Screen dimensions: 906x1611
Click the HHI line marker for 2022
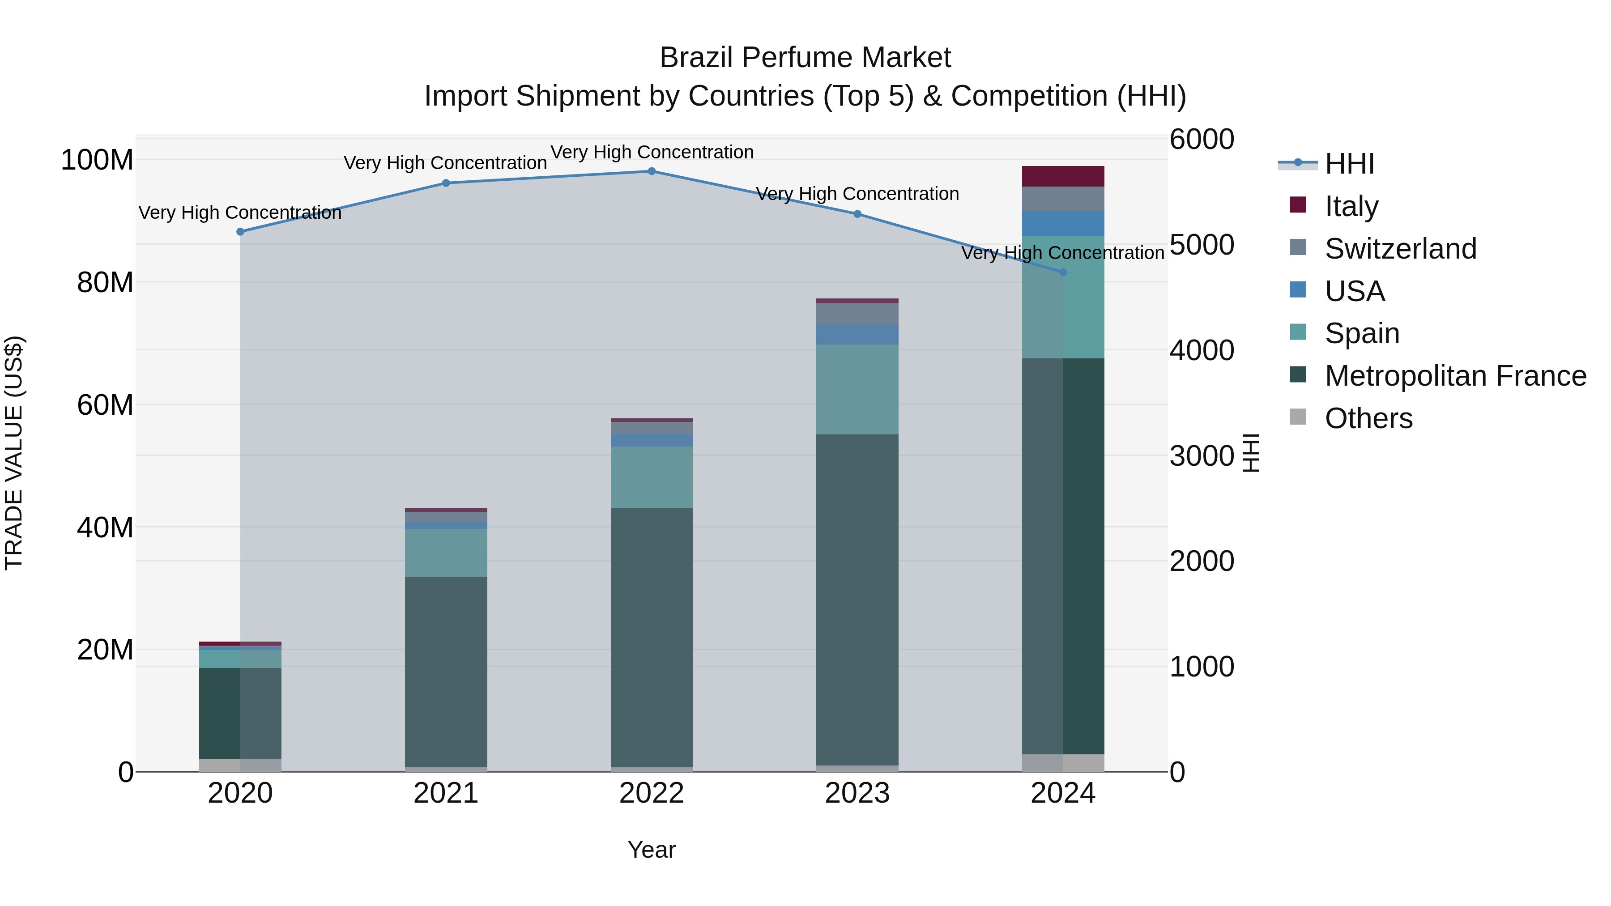point(652,171)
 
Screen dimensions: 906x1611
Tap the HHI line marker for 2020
point(240,232)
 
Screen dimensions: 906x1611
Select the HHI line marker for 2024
point(1063,272)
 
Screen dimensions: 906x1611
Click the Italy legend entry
point(1351,206)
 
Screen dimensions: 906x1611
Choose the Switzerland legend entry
point(1400,249)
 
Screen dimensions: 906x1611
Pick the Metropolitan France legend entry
point(1455,376)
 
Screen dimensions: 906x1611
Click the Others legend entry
point(1368,418)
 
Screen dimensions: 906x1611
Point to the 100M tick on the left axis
point(97,160)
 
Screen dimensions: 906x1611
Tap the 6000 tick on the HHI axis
point(1202,140)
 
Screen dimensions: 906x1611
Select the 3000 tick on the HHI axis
point(1202,456)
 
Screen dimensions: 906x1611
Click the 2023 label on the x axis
point(857,793)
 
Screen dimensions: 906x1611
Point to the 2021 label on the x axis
point(446,793)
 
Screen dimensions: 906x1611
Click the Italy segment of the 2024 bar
point(1063,176)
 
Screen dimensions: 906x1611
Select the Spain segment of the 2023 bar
point(857,389)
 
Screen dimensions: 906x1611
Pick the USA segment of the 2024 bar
point(1063,223)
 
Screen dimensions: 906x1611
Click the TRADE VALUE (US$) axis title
point(14,453)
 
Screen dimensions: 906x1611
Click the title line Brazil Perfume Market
point(805,58)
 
